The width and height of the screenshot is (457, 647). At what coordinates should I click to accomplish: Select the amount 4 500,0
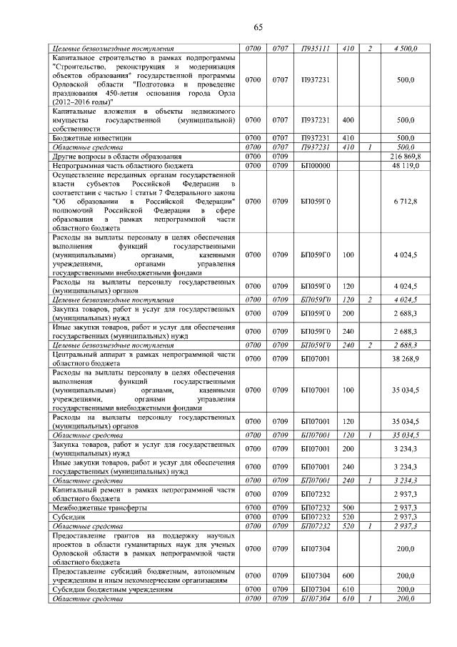pyautogui.click(x=405, y=48)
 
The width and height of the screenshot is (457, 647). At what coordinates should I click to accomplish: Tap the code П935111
pyautogui.click(x=315, y=48)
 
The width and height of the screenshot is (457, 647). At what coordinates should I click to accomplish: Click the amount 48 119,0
pyautogui.click(x=405, y=165)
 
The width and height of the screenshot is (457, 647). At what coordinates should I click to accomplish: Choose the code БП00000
pyautogui.click(x=315, y=165)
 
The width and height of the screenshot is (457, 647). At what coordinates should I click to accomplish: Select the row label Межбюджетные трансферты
pyautogui.click(x=96, y=508)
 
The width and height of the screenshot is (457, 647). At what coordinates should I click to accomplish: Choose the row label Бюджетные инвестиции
pyautogui.click(x=92, y=138)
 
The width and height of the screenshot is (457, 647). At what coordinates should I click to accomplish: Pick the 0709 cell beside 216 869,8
pyautogui.click(x=280, y=156)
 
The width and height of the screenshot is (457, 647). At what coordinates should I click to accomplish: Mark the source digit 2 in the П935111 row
pyautogui.click(x=370, y=48)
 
